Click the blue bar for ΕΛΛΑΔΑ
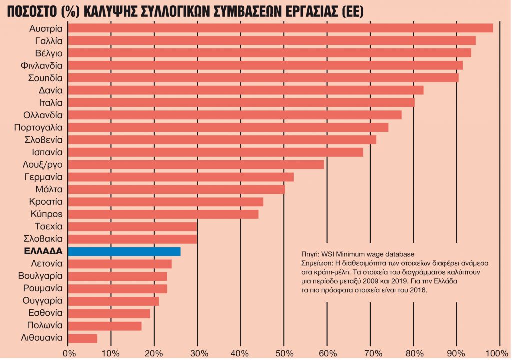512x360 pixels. (124, 251)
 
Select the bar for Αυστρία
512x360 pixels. (280, 28)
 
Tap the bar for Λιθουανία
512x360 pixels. (82, 338)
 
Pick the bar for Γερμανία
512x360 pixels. (180, 177)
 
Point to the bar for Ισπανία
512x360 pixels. (215, 152)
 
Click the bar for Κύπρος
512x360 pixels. (163, 214)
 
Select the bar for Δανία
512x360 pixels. (245, 90)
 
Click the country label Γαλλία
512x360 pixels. (49, 40)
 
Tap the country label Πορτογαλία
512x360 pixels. (38, 127)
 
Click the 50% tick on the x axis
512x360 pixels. (284, 352)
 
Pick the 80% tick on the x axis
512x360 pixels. (413, 352)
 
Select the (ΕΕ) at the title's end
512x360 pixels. (348, 10)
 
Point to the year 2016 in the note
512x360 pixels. (418, 290)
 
